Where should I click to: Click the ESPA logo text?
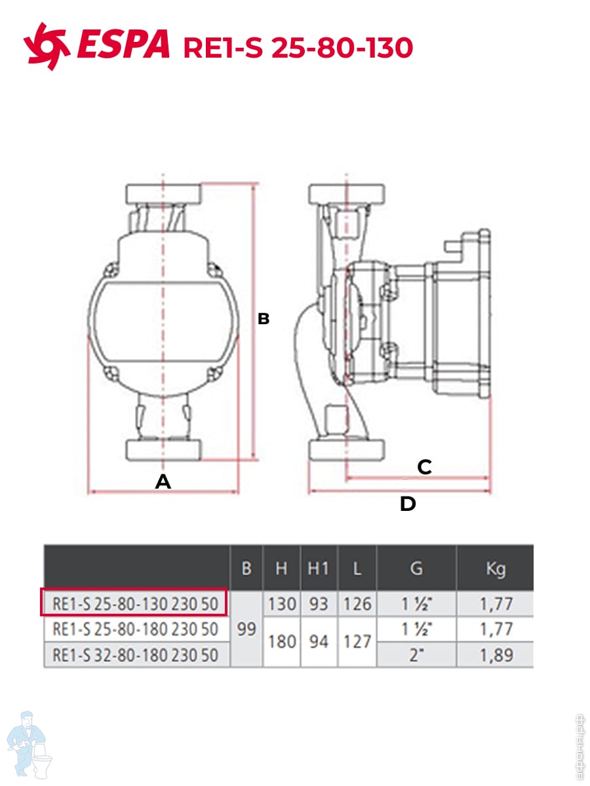123,44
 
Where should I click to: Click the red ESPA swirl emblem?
46,47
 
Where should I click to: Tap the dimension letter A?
163,481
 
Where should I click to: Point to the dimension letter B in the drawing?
264,319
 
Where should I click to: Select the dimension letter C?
425,467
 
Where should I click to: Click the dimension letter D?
408,504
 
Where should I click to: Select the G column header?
416,569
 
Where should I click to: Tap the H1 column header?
318,569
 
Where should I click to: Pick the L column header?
357,569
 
